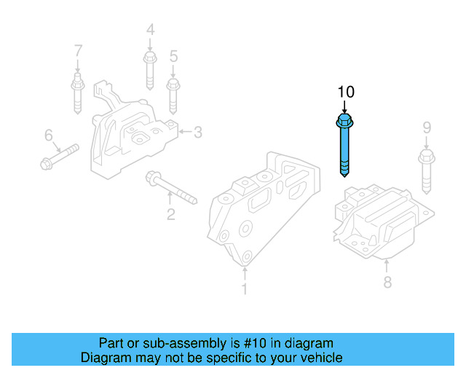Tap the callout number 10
pyautogui.click(x=345, y=92)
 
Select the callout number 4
pyautogui.click(x=151, y=30)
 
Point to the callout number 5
pyautogui.click(x=173, y=55)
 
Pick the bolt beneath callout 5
pyautogui.click(x=173, y=94)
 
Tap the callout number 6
pyautogui.click(x=49, y=135)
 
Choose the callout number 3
pyautogui.click(x=197, y=132)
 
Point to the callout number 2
pyautogui.click(x=170, y=214)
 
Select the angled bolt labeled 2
pyautogui.click(x=170, y=187)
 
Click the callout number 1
pyautogui.click(x=245, y=289)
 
